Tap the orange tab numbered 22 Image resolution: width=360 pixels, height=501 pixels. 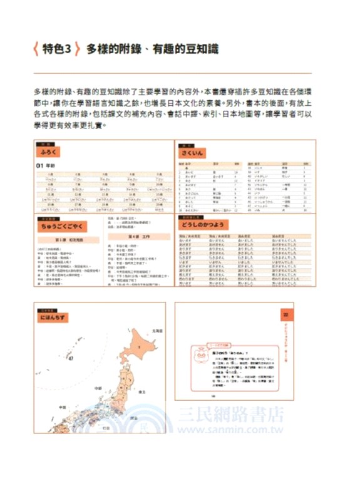284,314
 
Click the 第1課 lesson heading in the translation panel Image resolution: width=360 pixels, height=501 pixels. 64,240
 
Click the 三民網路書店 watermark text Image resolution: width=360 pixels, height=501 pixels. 232,414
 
